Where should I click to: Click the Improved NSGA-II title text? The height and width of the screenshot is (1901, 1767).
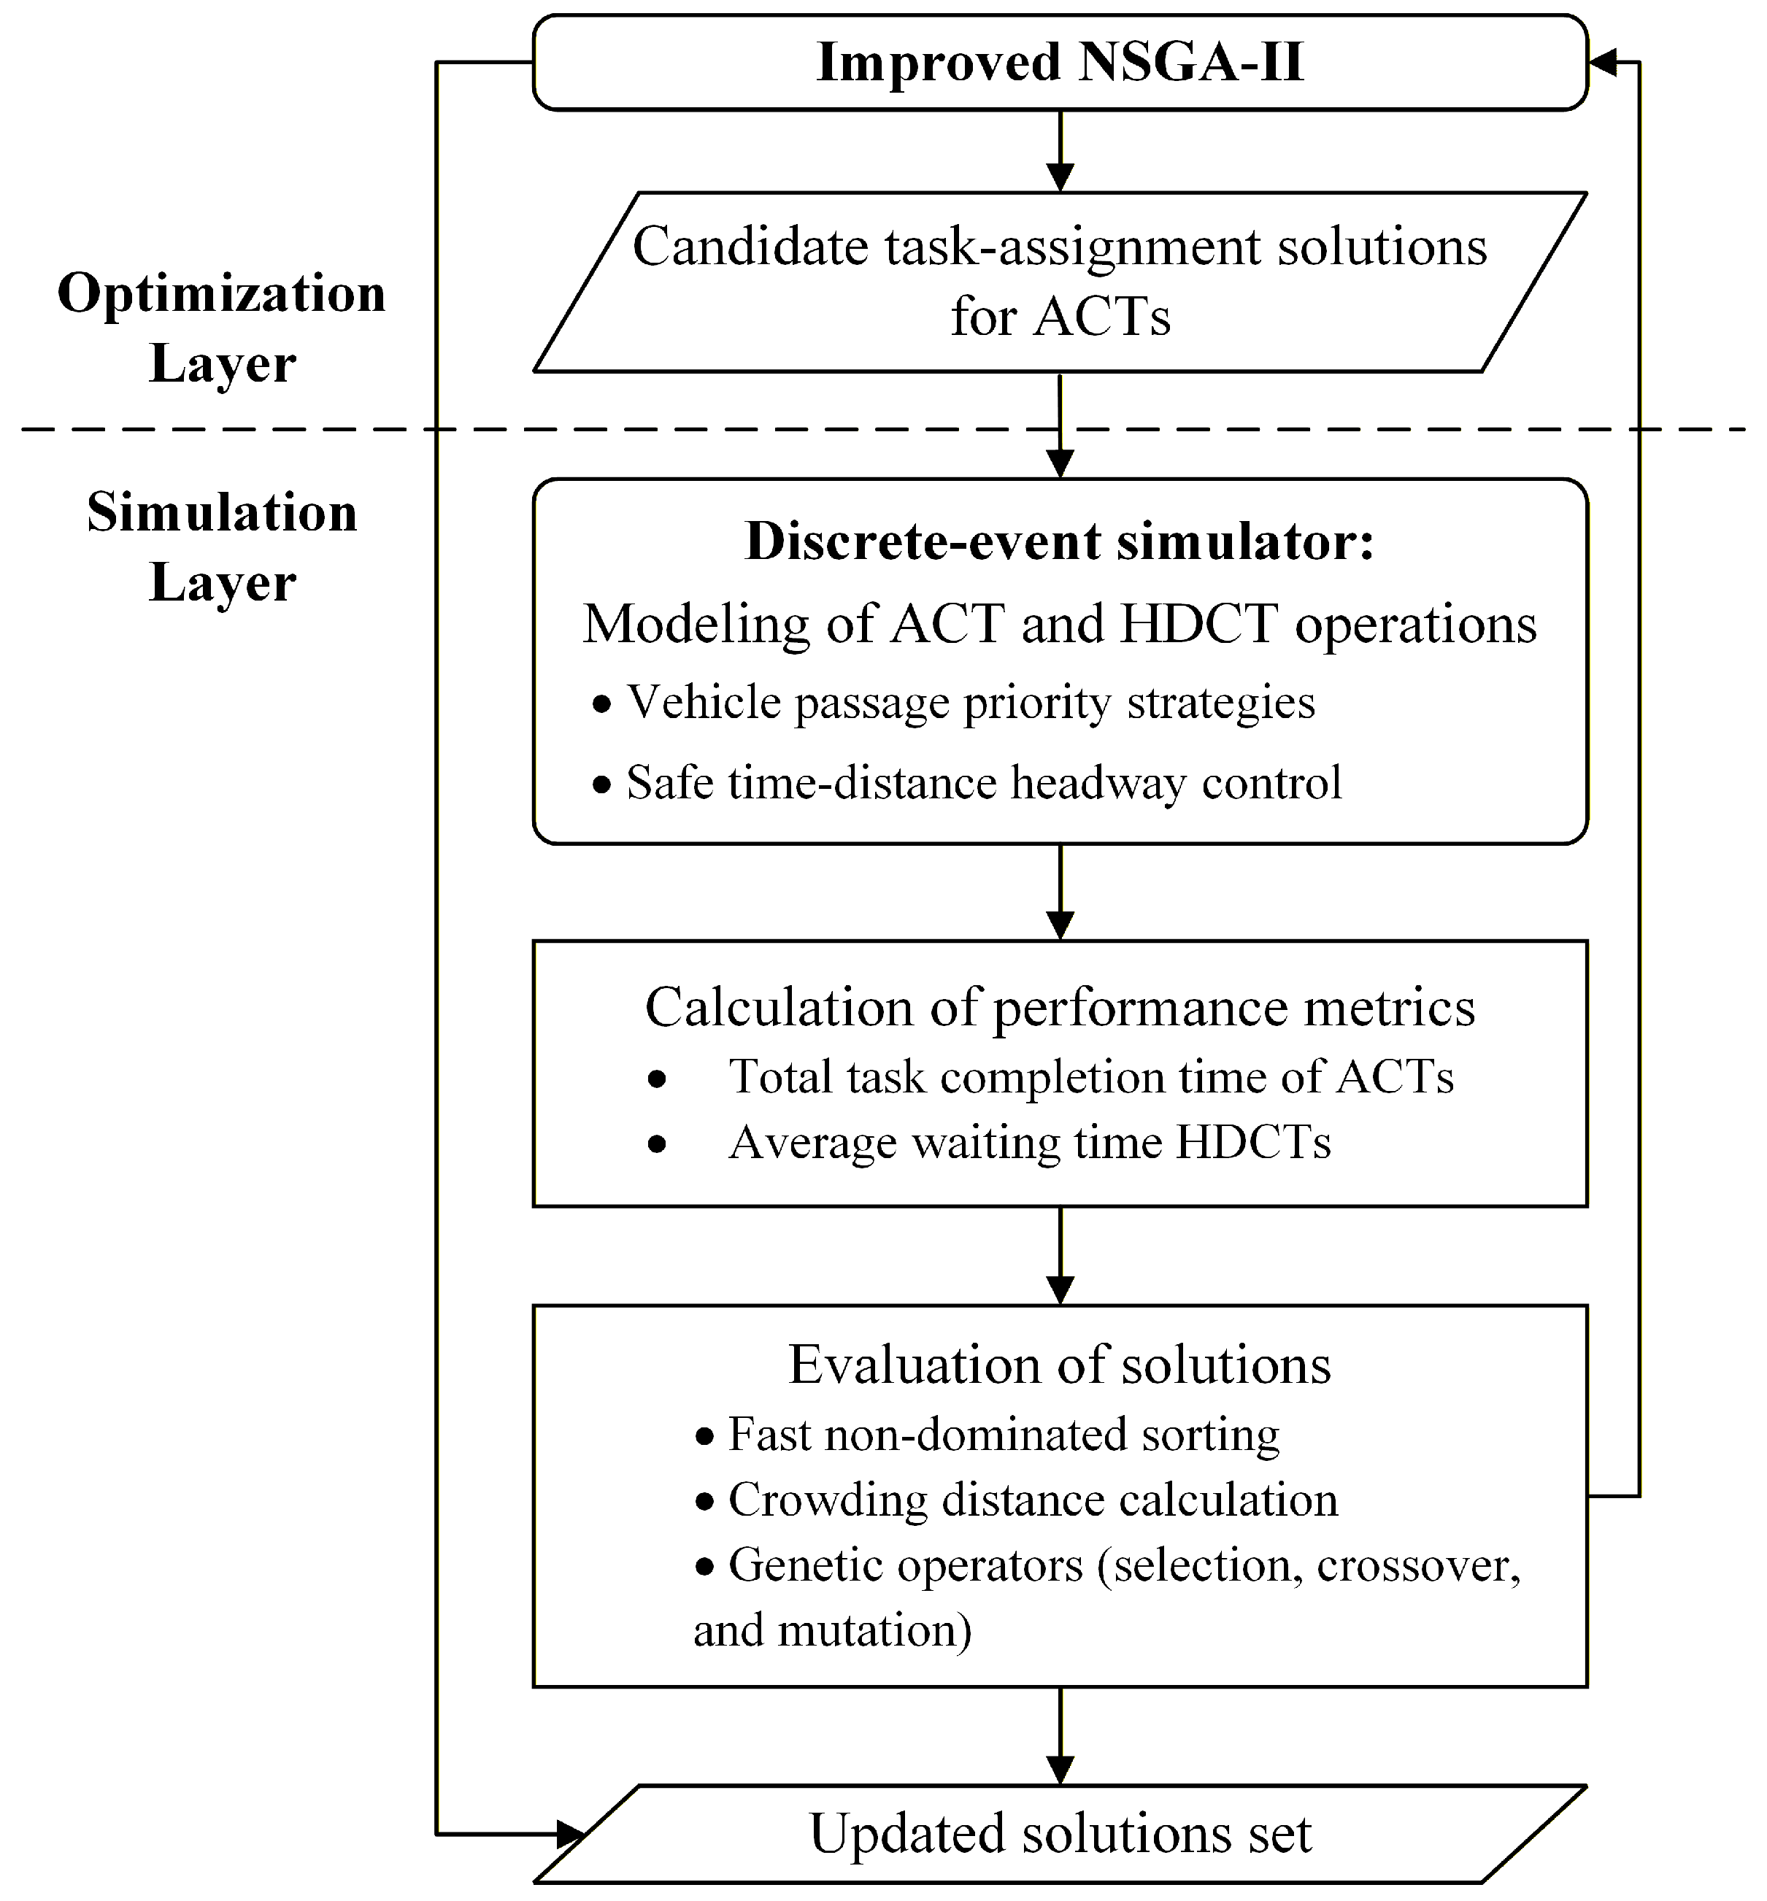pos(1060,63)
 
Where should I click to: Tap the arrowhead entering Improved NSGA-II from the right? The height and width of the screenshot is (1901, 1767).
pos(1603,63)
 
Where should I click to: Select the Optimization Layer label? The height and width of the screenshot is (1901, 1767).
pos(222,327)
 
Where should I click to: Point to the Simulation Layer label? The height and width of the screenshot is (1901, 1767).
pos(222,547)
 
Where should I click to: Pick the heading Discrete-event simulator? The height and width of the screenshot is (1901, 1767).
pos(1060,541)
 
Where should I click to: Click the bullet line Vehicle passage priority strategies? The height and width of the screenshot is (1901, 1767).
pos(971,703)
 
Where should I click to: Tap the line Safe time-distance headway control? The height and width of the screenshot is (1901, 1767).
pos(984,783)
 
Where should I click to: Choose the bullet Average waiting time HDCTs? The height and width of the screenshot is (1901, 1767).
pos(1029,1142)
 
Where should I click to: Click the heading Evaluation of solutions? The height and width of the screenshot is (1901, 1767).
pos(1060,1365)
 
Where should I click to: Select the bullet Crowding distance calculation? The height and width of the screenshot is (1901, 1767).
pos(1033,1500)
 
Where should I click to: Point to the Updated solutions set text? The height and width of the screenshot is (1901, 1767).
pos(1060,1833)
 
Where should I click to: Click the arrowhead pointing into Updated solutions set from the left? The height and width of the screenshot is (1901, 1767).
pos(571,1834)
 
